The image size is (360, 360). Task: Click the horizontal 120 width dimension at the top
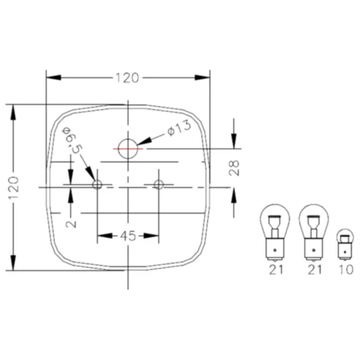(127, 78)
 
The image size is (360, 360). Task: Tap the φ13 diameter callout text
(179, 129)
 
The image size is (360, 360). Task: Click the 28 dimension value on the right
(235, 168)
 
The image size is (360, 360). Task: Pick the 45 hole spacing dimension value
(127, 236)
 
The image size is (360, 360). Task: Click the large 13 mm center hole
(128, 147)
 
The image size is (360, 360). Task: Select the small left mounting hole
(98, 185)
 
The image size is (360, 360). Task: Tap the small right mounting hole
(159, 185)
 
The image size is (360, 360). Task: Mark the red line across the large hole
(128, 147)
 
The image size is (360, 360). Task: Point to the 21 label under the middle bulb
(315, 271)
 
